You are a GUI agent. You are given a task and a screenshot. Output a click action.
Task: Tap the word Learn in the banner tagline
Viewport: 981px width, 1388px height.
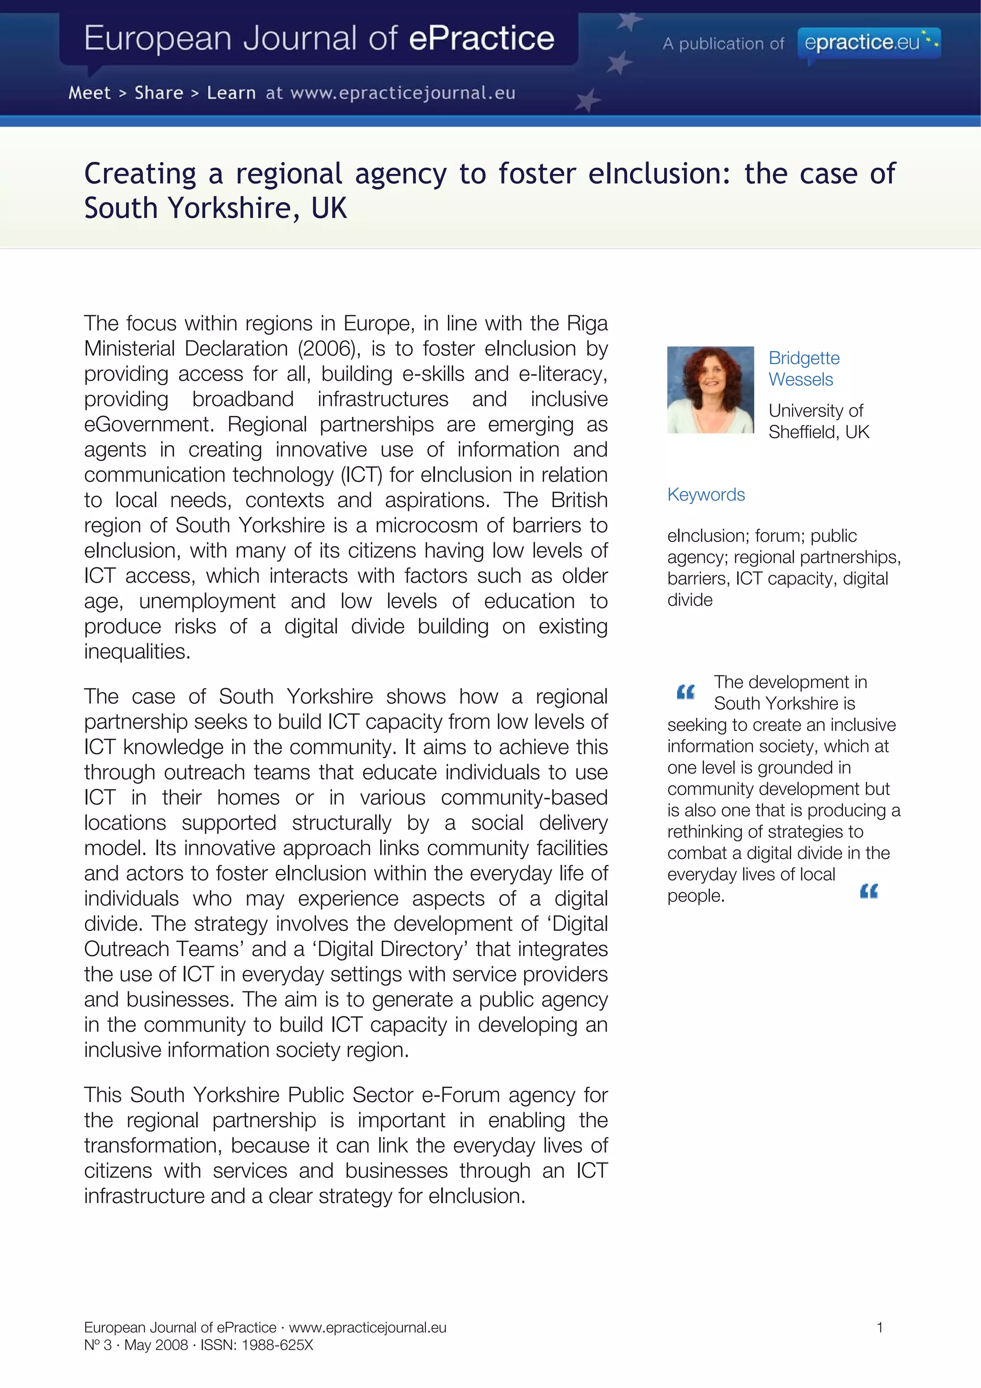[x=231, y=93]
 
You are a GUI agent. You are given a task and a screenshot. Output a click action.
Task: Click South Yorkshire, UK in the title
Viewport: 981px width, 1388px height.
[x=215, y=208]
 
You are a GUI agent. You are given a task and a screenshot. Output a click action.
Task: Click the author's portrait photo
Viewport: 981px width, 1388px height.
[x=710, y=390]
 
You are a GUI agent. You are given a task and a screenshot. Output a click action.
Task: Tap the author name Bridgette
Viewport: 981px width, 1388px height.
[x=804, y=358]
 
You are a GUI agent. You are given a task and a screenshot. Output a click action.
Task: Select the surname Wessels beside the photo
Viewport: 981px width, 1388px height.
[x=800, y=379]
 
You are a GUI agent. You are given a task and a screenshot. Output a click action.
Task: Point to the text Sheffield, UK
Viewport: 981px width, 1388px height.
[x=819, y=432]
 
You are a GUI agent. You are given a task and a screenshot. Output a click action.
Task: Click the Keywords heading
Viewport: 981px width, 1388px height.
[x=706, y=494]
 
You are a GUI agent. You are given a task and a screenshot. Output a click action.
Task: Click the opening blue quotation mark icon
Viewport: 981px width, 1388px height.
[x=685, y=692]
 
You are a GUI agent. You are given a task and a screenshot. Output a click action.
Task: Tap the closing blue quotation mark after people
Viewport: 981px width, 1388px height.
[x=868, y=891]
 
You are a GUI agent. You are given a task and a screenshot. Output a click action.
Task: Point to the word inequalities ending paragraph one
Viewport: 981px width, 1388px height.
[x=137, y=652]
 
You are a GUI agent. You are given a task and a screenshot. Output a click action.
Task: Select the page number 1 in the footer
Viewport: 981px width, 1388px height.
[x=879, y=1328]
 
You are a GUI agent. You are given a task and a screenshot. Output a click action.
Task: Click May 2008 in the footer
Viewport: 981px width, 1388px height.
[x=156, y=1345]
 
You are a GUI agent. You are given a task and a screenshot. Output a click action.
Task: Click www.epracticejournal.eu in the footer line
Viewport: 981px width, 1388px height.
[x=367, y=1328]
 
